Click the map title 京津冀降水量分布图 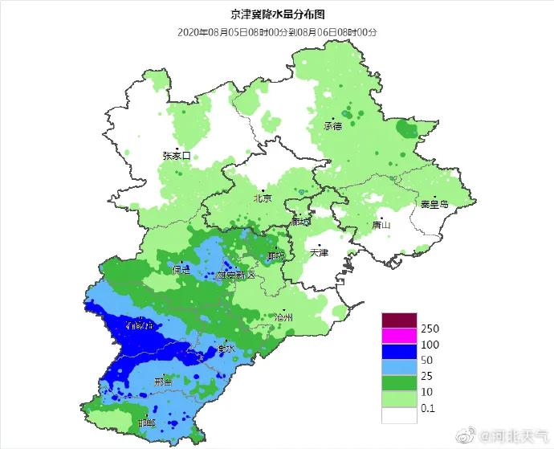tap(278, 14)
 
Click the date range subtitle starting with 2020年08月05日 tap(277, 32)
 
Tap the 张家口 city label tap(176, 156)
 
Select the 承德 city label tap(332, 126)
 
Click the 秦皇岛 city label tap(434, 206)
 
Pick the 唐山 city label tap(381, 226)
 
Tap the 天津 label tap(319, 253)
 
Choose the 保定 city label tap(181, 270)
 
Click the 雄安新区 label tap(235, 276)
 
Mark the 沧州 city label tap(283, 318)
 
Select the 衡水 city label tap(226, 349)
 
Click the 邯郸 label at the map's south tap(146, 422)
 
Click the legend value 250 tap(430, 329)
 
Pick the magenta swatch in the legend tap(399, 336)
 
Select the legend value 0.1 tap(427, 409)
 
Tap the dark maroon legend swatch tap(399, 320)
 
